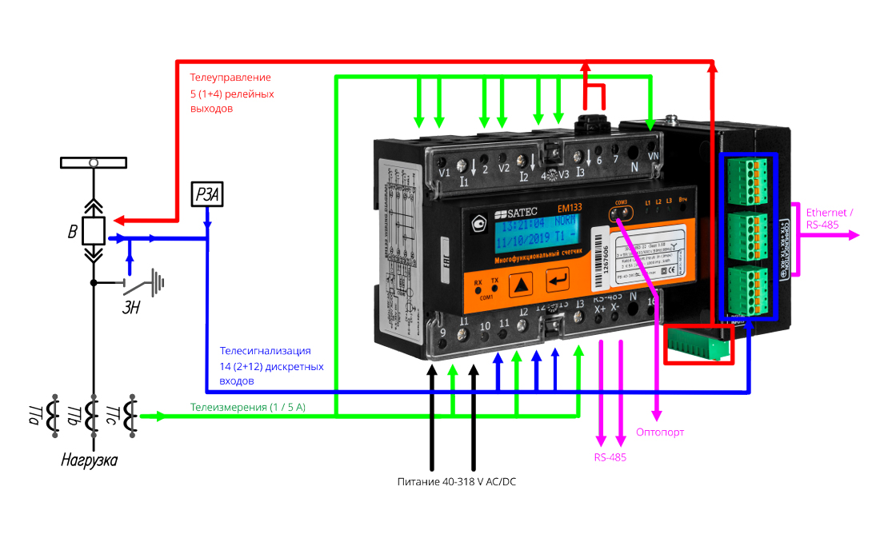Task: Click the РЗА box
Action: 207,194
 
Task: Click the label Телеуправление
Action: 230,78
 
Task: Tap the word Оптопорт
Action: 660,432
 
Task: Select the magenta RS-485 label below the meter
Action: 610,458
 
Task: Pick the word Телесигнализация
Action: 265,351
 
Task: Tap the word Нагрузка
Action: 90,461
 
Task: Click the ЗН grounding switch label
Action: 131,308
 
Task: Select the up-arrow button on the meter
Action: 522,283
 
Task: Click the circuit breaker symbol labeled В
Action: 94,232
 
